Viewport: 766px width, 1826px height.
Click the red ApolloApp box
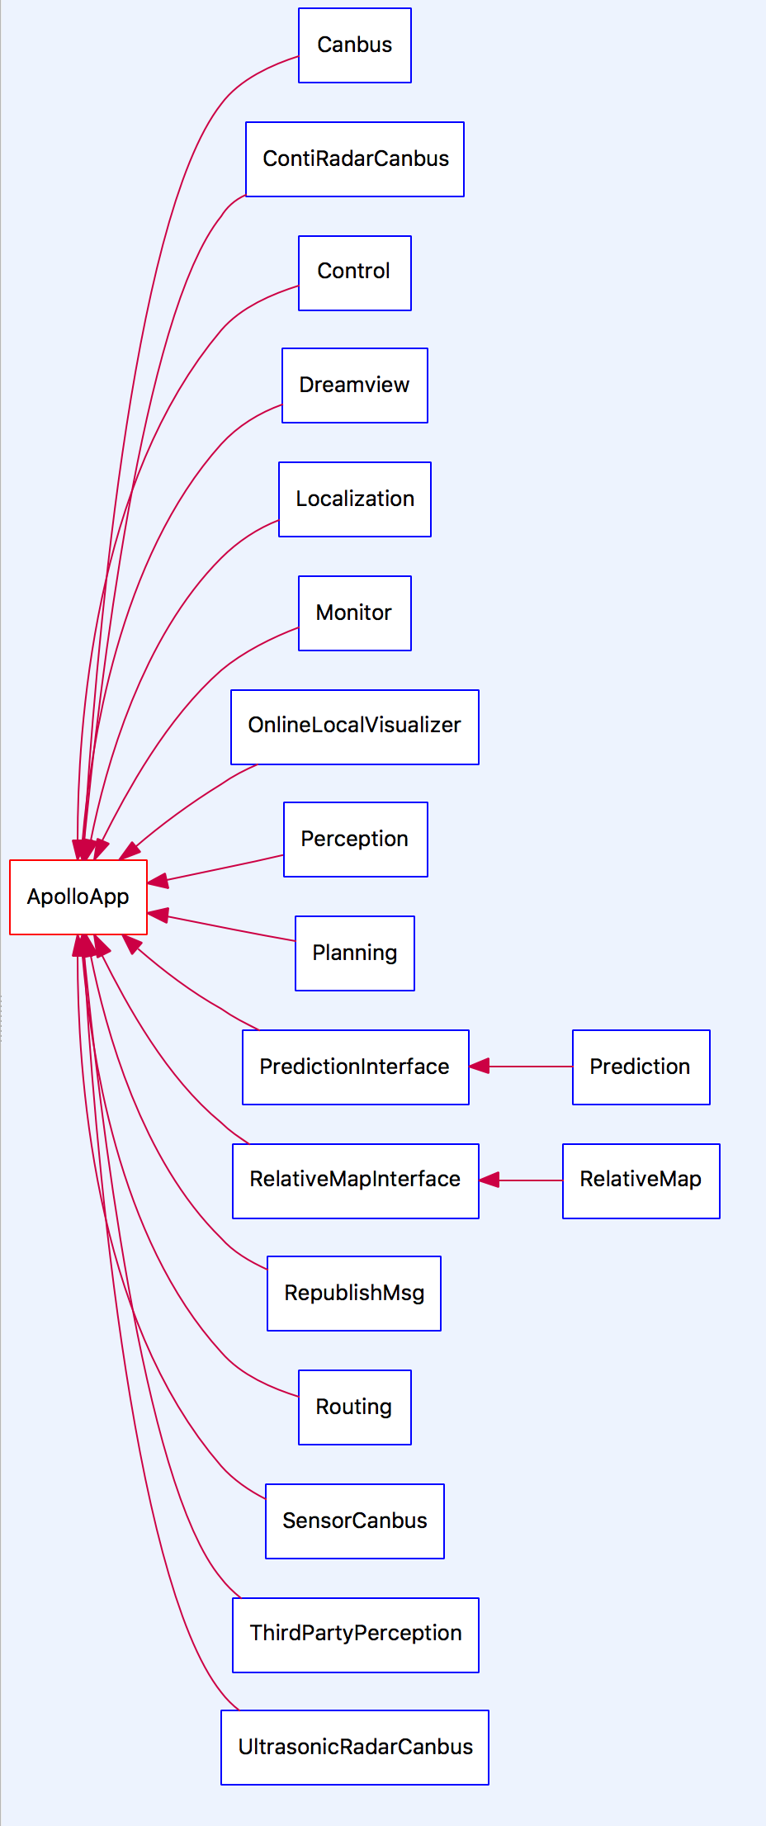[x=78, y=896]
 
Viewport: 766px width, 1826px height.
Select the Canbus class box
[x=355, y=45]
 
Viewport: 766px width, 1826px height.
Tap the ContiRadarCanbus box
[x=355, y=159]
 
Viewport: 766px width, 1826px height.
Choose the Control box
[x=355, y=273]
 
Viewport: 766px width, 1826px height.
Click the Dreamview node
[x=355, y=386]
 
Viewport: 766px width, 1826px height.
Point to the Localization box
[x=355, y=499]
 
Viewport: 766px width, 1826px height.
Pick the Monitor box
[x=355, y=613]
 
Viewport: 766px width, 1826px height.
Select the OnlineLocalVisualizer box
[x=355, y=726]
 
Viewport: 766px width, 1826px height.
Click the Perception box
[x=356, y=840]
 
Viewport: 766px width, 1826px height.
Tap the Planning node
[x=355, y=953]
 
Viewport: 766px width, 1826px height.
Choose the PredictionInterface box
[x=356, y=1067]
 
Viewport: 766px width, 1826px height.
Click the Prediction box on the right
[x=641, y=1067]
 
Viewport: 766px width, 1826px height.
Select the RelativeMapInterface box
[x=356, y=1180]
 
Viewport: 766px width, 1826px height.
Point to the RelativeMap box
[x=641, y=1180]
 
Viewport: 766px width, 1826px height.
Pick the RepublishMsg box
[x=354, y=1294]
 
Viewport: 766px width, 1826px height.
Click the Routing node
[x=355, y=1407]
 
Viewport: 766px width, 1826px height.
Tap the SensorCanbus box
[x=355, y=1521]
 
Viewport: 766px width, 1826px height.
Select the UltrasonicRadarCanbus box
[x=355, y=1748]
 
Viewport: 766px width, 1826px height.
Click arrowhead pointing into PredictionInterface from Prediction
[x=480, y=1067]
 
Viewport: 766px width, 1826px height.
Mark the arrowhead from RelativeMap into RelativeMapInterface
[x=489, y=1180]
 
